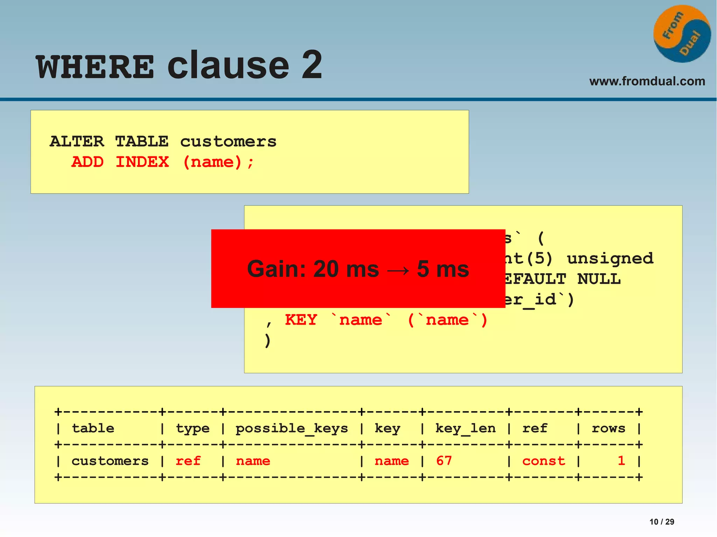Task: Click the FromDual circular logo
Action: coord(682,34)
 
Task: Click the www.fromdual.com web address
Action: coord(647,81)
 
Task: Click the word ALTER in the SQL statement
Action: coord(77,142)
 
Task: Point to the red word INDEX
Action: coord(142,162)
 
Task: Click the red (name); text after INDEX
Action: coord(218,162)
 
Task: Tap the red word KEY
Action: coord(301,320)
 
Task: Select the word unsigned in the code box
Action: coord(610,259)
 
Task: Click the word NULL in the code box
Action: coord(599,279)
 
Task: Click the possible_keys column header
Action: coord(292,429)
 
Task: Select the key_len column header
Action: coord(465,429)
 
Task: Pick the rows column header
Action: coord(608,429)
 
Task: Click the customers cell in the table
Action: coord(110,461)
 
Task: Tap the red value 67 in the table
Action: coord(444,461)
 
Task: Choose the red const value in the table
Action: coord(543,461)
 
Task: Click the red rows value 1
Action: coord(621,461)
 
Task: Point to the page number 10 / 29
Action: coord(662,522)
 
